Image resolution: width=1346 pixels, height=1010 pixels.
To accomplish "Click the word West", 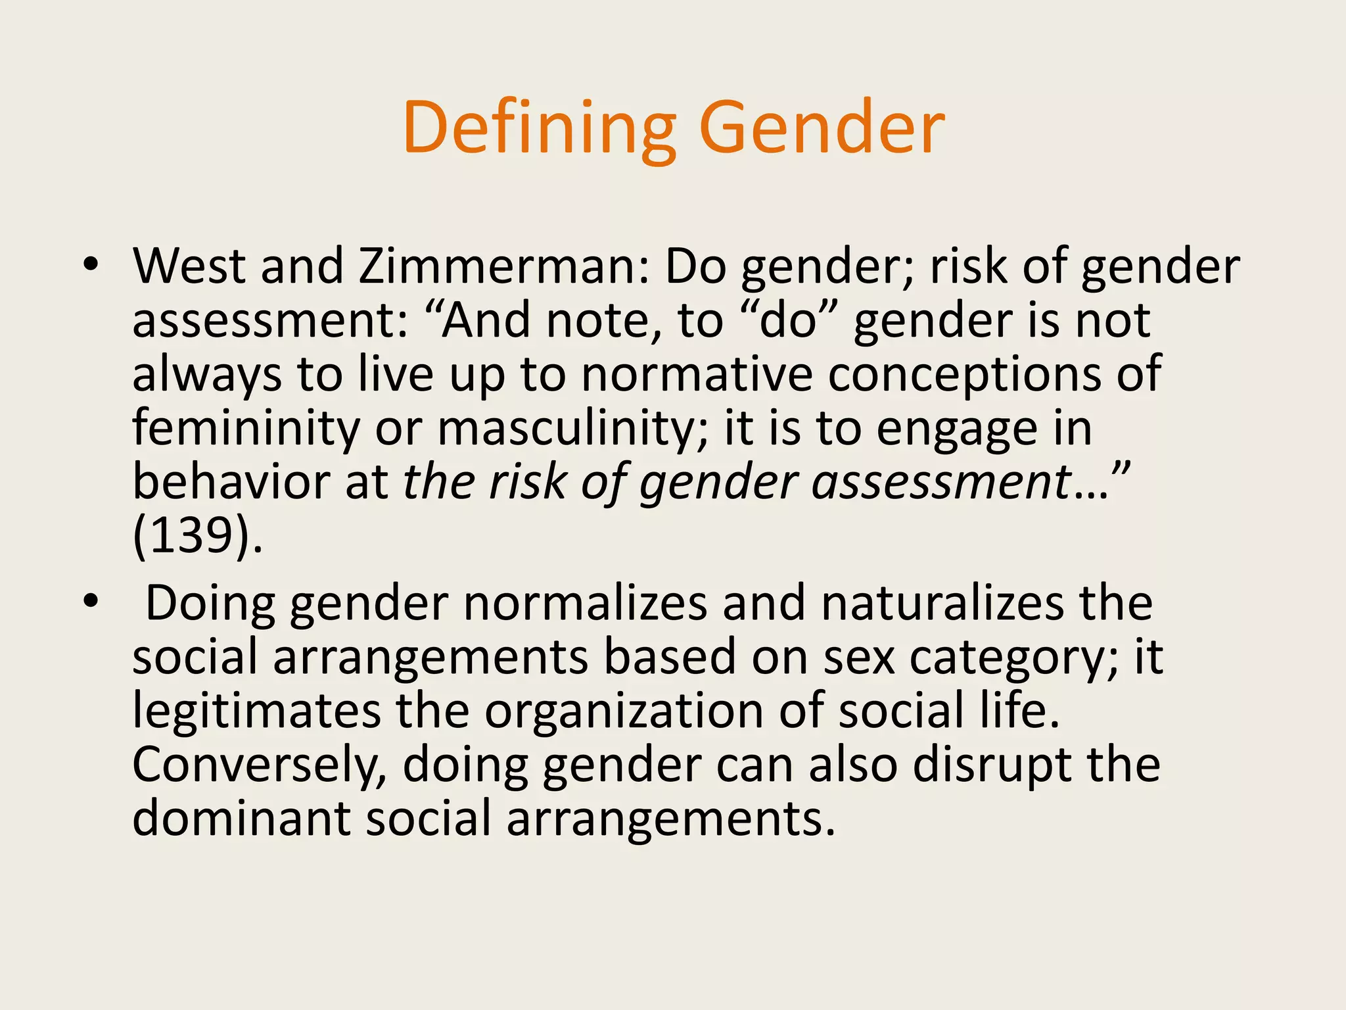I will pyautogui.click(x=189, y=266).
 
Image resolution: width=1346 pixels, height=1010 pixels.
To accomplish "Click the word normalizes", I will pyautogui.click(x=585, y=604).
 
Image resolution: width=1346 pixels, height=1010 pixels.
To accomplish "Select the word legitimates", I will pyautogui.click(x=256, y=711).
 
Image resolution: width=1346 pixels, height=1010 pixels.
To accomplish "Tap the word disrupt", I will pyautogui.click(x=991, y=765).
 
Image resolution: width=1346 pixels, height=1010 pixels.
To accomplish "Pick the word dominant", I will pyautogui.click(x=241, y=819).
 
